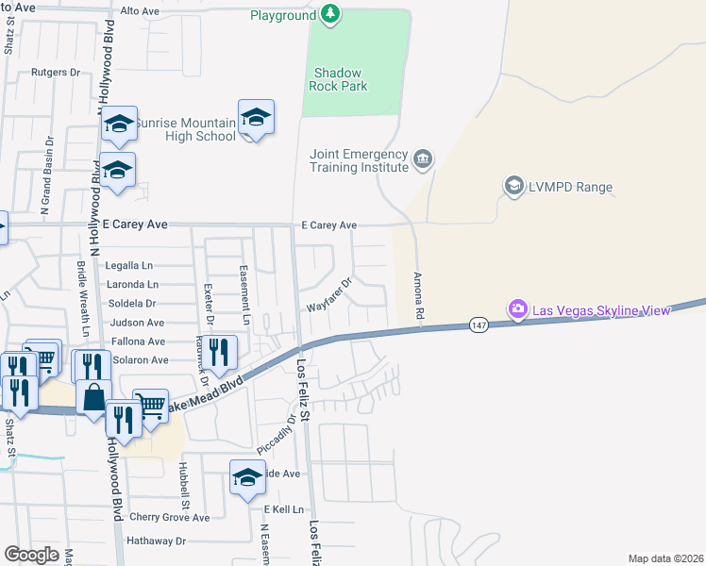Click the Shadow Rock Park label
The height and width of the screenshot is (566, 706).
340,79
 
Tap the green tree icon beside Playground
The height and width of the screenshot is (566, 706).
329,13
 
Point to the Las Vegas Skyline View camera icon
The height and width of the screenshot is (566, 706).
516,308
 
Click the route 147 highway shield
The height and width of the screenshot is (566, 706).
479,325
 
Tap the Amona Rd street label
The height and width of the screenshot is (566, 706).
415,294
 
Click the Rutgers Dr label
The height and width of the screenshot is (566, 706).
56,72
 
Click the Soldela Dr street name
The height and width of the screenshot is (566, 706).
131,303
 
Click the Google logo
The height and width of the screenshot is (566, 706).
32,554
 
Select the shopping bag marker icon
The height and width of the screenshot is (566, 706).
94,397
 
